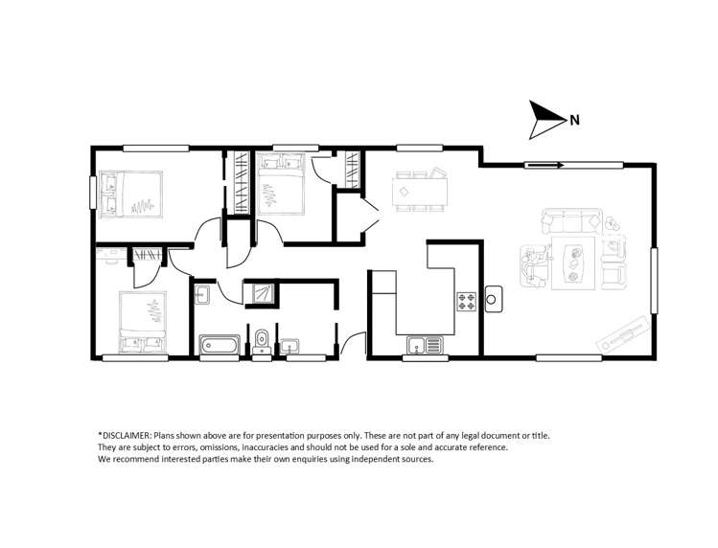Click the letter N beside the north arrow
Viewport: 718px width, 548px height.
point(574,121)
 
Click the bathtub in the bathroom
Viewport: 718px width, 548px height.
point(220,344)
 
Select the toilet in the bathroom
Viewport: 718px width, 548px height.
point(262,339)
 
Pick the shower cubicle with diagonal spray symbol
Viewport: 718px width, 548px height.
point(260,291)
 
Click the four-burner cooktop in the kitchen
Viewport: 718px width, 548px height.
point(467,302)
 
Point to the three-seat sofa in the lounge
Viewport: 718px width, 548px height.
point(570,221)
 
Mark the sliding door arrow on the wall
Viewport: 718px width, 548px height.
point(544,166)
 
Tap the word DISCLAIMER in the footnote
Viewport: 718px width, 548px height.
point(127,435)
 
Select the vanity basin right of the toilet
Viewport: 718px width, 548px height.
point(290,344)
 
